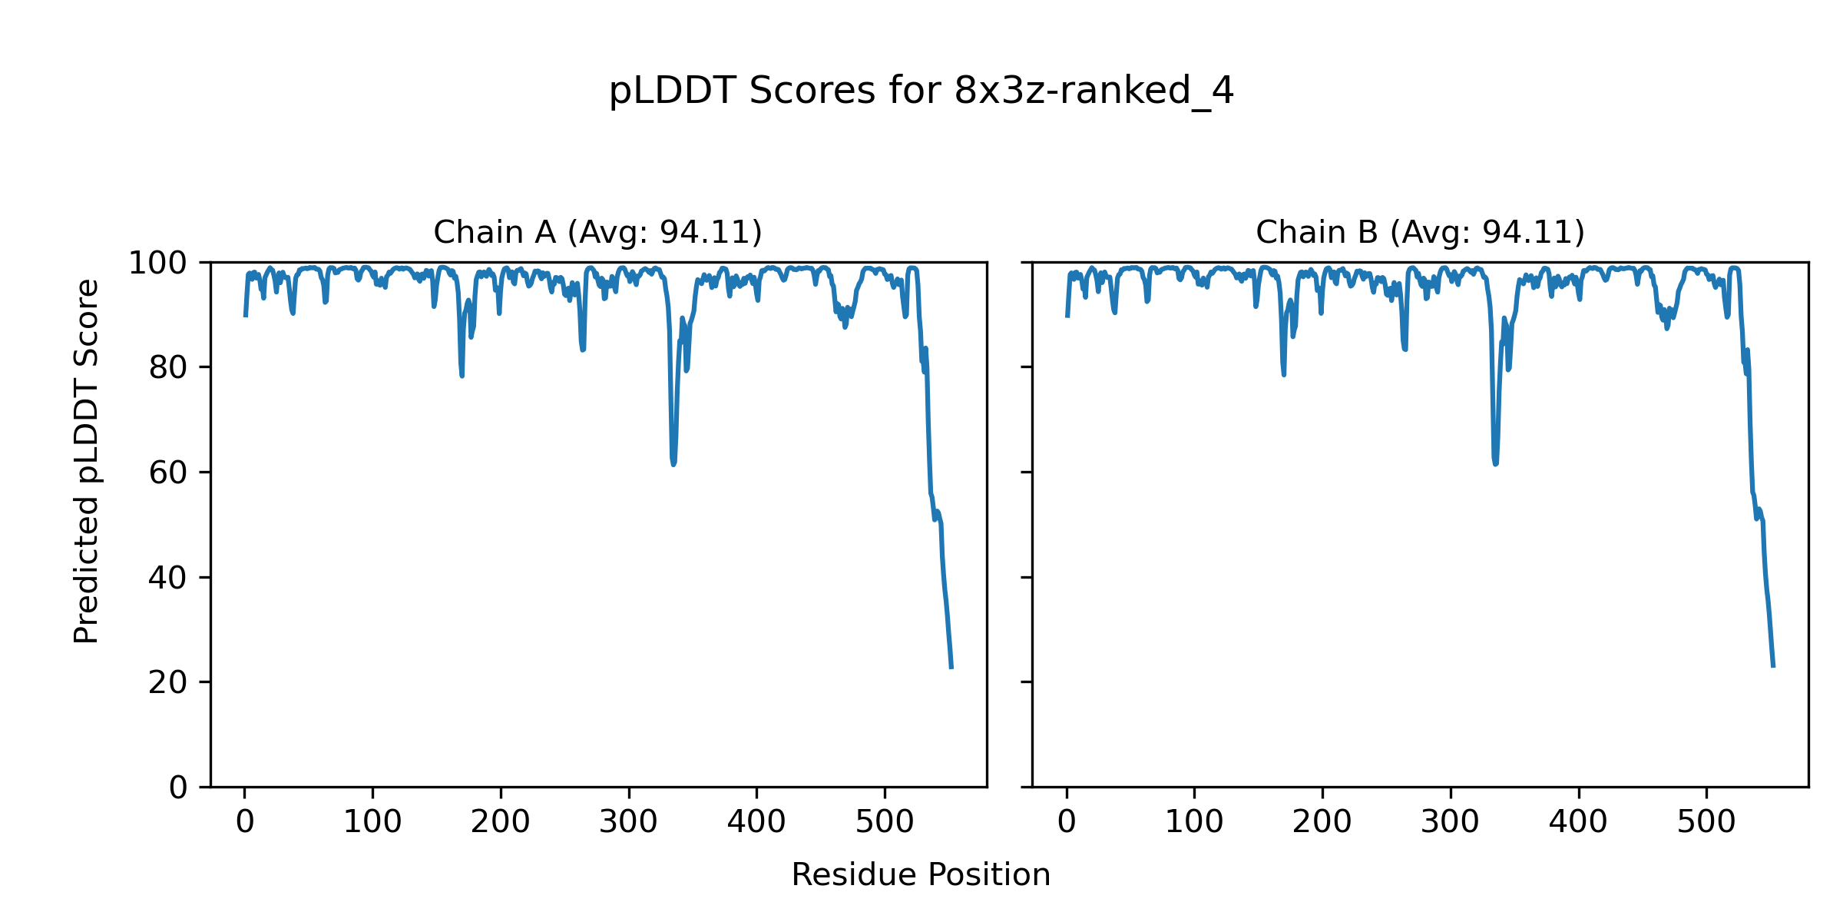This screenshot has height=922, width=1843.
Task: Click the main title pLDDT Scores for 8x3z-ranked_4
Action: [x=921, y=91]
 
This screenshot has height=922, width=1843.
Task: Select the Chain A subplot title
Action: [x=597, y=232]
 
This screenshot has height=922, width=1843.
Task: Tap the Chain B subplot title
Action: [x=1420, y=232]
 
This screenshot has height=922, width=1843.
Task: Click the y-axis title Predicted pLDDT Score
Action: [x=87, y=461]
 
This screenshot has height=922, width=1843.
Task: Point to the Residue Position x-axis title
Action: [x=921, y=875]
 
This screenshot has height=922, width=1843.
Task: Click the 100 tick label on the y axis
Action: [x=157, y=264]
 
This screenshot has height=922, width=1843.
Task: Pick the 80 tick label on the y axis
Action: [x=168, y=368]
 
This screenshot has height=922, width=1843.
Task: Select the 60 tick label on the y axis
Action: [x=168, y=473]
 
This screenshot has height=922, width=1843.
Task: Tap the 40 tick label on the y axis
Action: [x=168, y=578]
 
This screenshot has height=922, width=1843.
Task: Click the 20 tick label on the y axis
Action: [x=168, y=682]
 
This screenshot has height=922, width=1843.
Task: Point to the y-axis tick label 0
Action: [x=178, y=788]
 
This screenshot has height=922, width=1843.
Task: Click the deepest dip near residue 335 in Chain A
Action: [x=673, y=463]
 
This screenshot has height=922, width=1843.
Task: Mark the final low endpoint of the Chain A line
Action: [x=951, y=667]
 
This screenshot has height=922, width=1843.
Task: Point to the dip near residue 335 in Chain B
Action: [x=1495, y=463]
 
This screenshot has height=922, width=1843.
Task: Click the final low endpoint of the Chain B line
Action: [x=1773, y=665]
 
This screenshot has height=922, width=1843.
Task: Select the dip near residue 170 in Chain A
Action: [x=462, y=375]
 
